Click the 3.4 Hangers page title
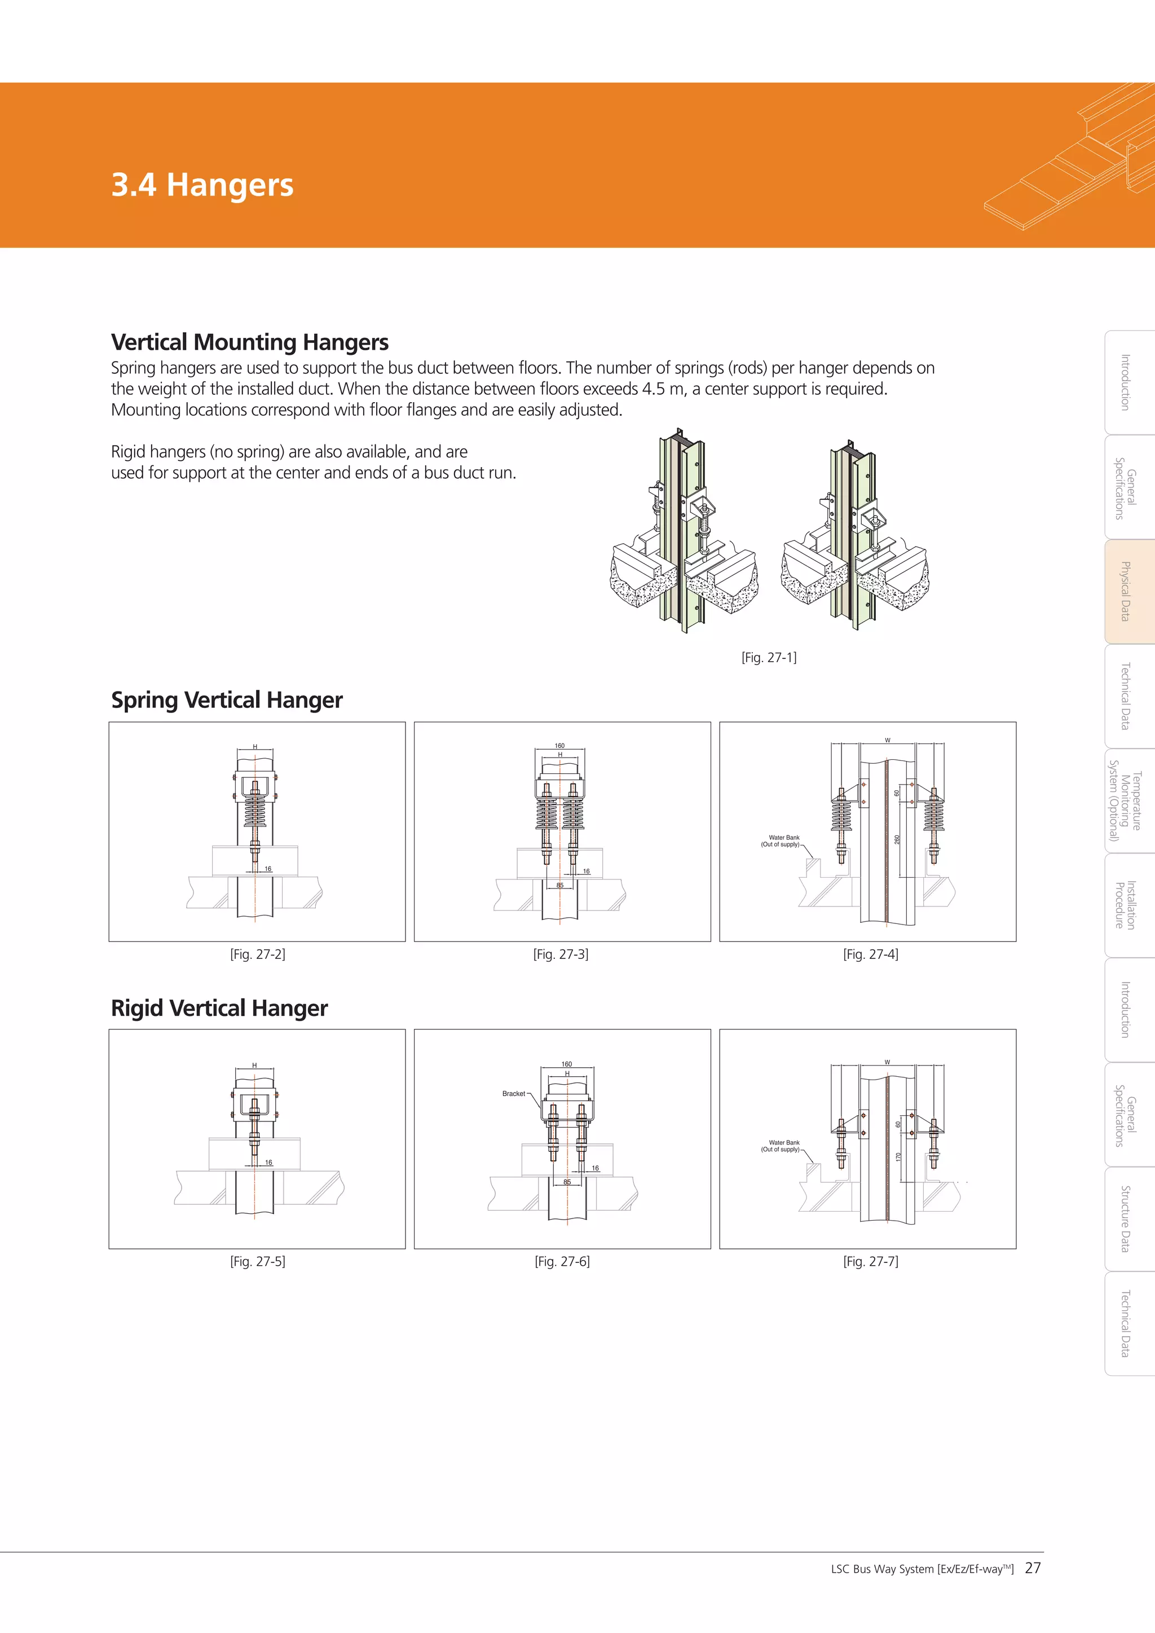coord(202,185)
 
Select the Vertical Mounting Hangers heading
coord(250,342)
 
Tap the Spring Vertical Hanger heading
coord(226,700)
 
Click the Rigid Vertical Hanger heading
coord(219,1008)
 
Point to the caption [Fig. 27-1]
coord(769,657)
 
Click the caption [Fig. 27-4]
coord(871,954)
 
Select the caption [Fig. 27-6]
coord(562,1261)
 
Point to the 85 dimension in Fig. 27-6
coord(567,1182)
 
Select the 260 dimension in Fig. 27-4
coord(897,840)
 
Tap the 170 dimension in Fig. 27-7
coord(898,1157)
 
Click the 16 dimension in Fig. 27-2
coord(268,869)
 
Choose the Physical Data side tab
coord(1125,591)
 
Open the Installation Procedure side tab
coord(1125,905)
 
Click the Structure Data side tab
coord(1125,1218)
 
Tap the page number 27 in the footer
coord(1033,1568)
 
